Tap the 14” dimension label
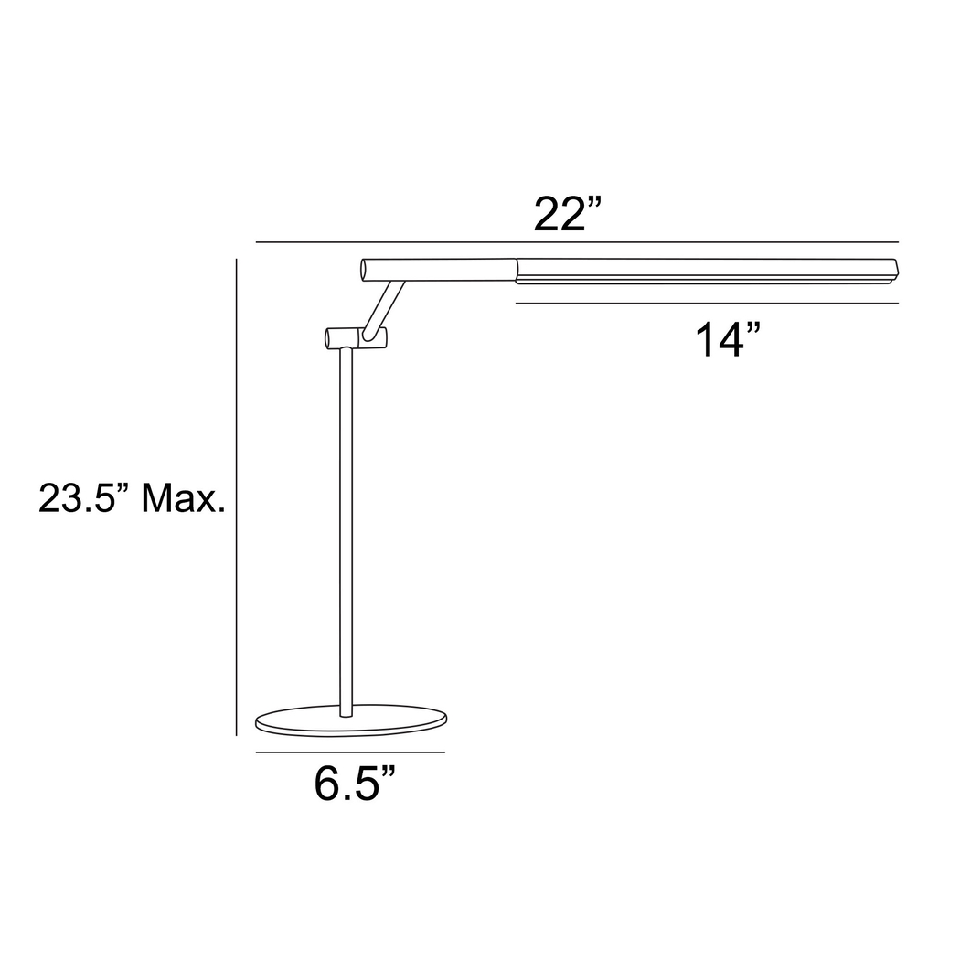728,340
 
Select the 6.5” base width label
356,784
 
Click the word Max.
183,499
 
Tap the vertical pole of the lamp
346,530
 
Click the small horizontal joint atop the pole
355,338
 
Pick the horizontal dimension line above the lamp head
576,242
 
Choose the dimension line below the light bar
706,303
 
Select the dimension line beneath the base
350,752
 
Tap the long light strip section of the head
704,270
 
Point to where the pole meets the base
346,712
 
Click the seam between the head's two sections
517,270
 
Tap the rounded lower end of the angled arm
368,336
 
